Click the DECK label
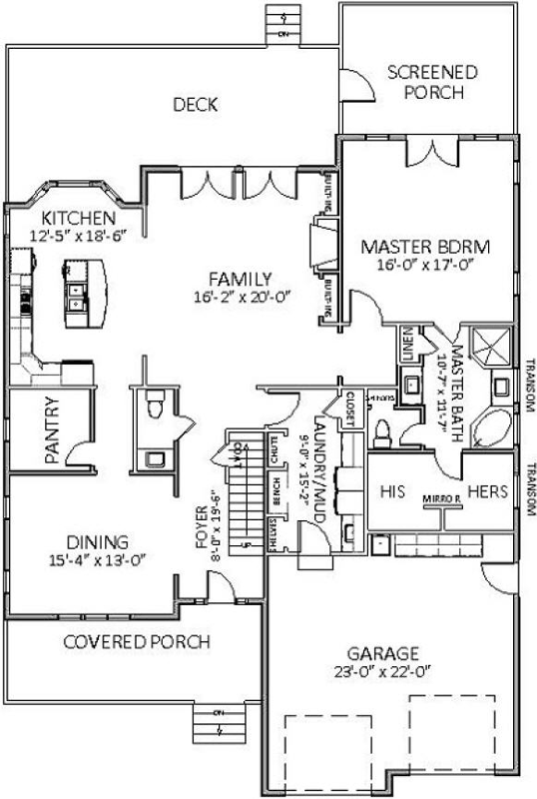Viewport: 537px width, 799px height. (x=195, y=104)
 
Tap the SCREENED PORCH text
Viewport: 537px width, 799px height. (x=432, y=82)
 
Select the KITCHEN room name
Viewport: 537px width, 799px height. (x=79, y=218)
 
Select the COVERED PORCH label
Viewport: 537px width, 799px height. (x=137, y=641)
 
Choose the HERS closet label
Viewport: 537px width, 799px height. (x=487, y=491)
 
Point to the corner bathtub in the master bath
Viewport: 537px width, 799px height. (x=490, y=427)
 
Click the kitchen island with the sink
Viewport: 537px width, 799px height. (x=78, y=294)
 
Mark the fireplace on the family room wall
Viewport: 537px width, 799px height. (x=320, y=246)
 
